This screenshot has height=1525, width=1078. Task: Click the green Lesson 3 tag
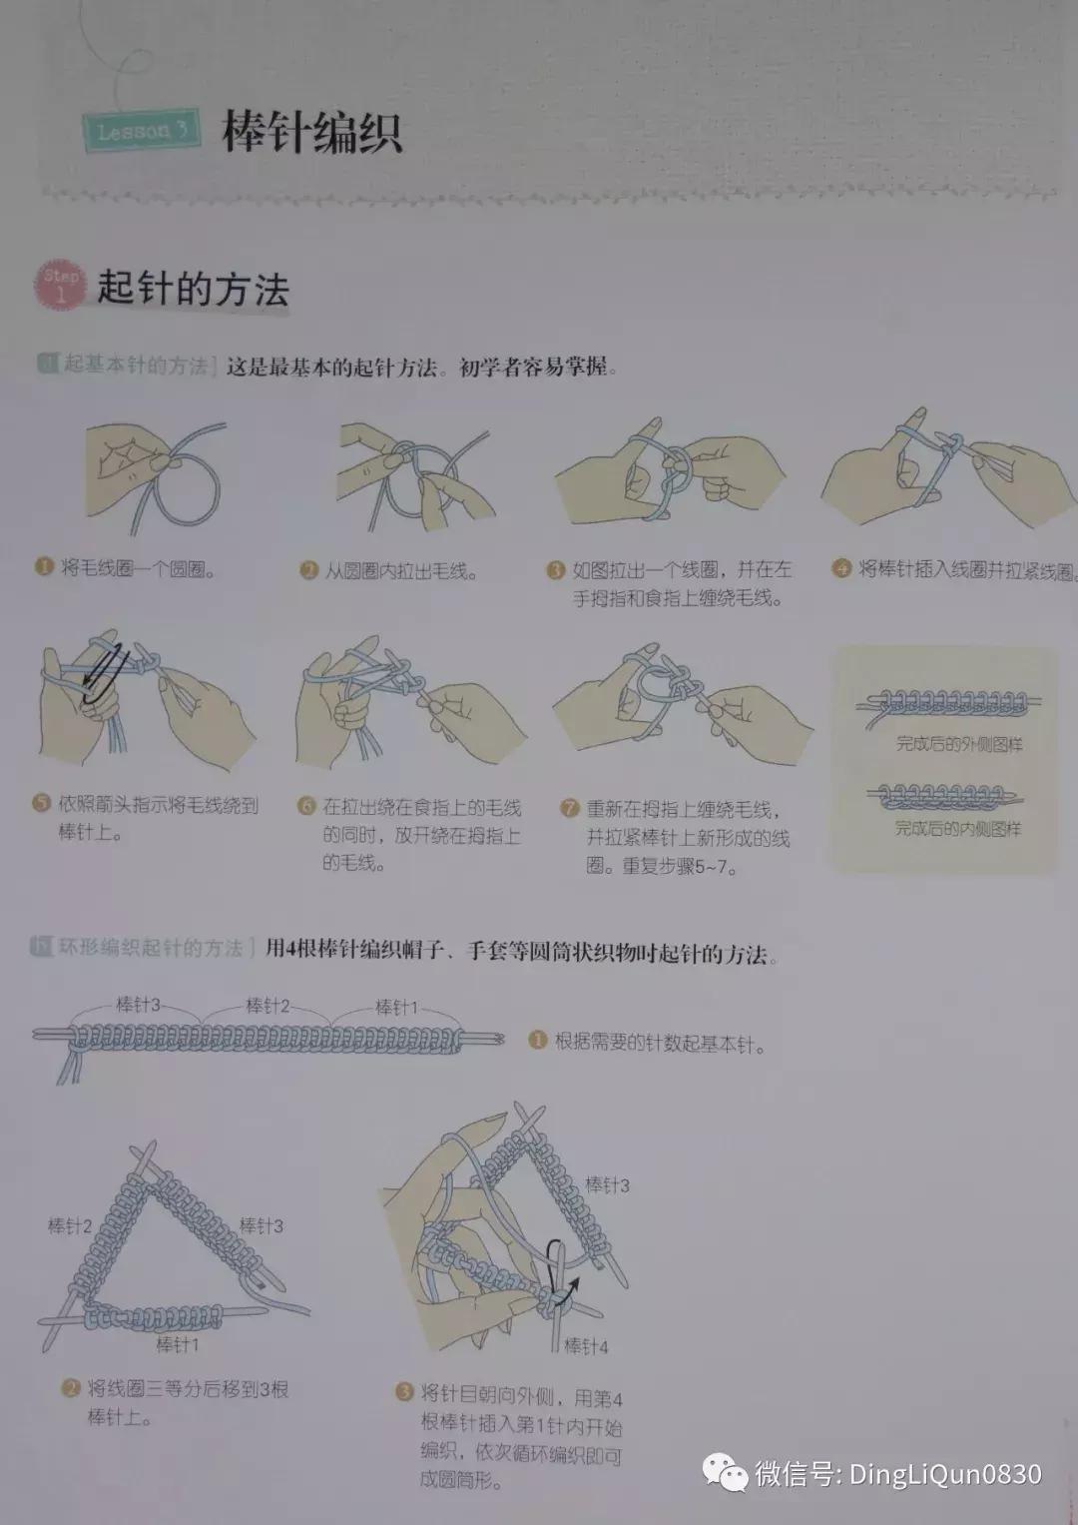(x=141, y=131)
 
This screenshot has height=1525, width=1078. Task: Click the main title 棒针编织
(x=311, y=133)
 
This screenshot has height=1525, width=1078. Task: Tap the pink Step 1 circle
(x=61, y=286)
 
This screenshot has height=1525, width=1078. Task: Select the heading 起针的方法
(x=193, y=290)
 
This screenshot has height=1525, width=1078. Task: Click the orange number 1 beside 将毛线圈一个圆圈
(x=43, y=567)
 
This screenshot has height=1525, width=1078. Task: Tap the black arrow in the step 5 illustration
(x=103, y=666)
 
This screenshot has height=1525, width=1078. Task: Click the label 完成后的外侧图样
(x=957, y=744)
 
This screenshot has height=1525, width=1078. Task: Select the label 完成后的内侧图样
(x=957, y=828)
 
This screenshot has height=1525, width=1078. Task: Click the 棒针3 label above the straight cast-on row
(x=138, y=1005)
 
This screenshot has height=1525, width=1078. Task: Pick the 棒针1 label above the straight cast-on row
(x=396, y=1007)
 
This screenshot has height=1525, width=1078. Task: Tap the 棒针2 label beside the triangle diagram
(x=70, y=1225)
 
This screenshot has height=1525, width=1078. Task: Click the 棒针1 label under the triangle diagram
(x=178, y=1345)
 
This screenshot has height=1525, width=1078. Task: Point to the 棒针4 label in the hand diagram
(x=586, y=1346)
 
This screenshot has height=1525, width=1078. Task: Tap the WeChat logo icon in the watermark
(x=725, y=1473)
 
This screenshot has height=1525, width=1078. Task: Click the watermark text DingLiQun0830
(x=944, y=1474)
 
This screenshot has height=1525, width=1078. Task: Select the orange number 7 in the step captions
(x=569, y=808)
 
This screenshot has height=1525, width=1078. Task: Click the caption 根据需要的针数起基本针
(x=660, y=1045)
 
